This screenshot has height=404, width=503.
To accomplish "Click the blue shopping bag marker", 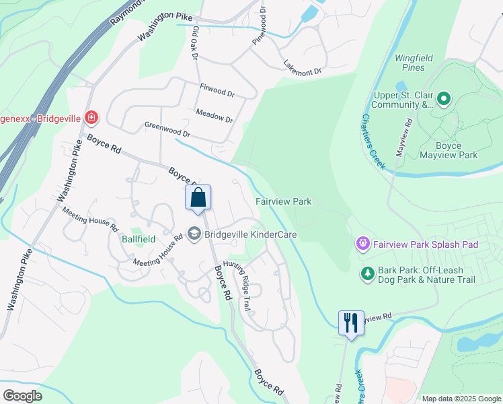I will [198, 198].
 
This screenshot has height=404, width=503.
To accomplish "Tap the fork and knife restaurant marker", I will [350, 323].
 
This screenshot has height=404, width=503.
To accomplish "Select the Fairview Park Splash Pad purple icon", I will [363, 243].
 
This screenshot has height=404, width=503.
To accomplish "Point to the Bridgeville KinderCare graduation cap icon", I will [194, 234].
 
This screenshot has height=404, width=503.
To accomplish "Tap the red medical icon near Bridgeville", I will [91, 119].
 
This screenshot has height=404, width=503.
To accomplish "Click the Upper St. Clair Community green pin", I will [443, 100].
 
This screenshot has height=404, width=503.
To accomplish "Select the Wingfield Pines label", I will [414, 63].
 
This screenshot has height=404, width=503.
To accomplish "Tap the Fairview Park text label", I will [283, 201].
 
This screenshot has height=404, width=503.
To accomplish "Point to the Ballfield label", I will [138, 239].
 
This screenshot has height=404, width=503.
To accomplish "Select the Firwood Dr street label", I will [217, 90].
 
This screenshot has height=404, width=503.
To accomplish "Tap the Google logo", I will [22, 395].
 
